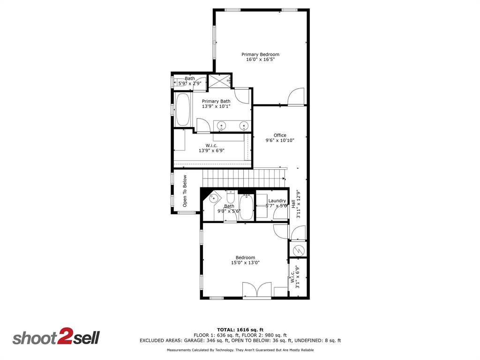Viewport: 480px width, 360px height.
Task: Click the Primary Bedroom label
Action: (260, 54)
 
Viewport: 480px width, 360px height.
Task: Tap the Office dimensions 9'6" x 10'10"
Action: (280, 140)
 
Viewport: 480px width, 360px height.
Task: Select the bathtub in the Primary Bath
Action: (182, 110)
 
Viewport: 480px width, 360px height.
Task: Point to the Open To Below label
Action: (185, 191)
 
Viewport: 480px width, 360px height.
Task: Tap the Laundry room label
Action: (277, 201)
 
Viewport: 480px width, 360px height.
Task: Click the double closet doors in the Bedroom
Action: (256, 290)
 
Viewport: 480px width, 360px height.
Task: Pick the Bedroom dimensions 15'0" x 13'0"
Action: (245, 263)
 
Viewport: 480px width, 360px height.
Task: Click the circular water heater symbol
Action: (298, 249)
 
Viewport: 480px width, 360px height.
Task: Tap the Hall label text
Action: (293, 205)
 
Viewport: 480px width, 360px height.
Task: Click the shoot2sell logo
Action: (56, 337)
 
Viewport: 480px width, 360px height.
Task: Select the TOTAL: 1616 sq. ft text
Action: (240, 330)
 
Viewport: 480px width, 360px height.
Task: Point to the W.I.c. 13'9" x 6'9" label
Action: (211, 148)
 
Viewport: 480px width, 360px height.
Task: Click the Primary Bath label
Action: (216, 101)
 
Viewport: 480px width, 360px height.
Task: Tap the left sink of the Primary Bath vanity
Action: (222, 125)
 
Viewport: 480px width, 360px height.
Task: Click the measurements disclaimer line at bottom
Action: (240, 350)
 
